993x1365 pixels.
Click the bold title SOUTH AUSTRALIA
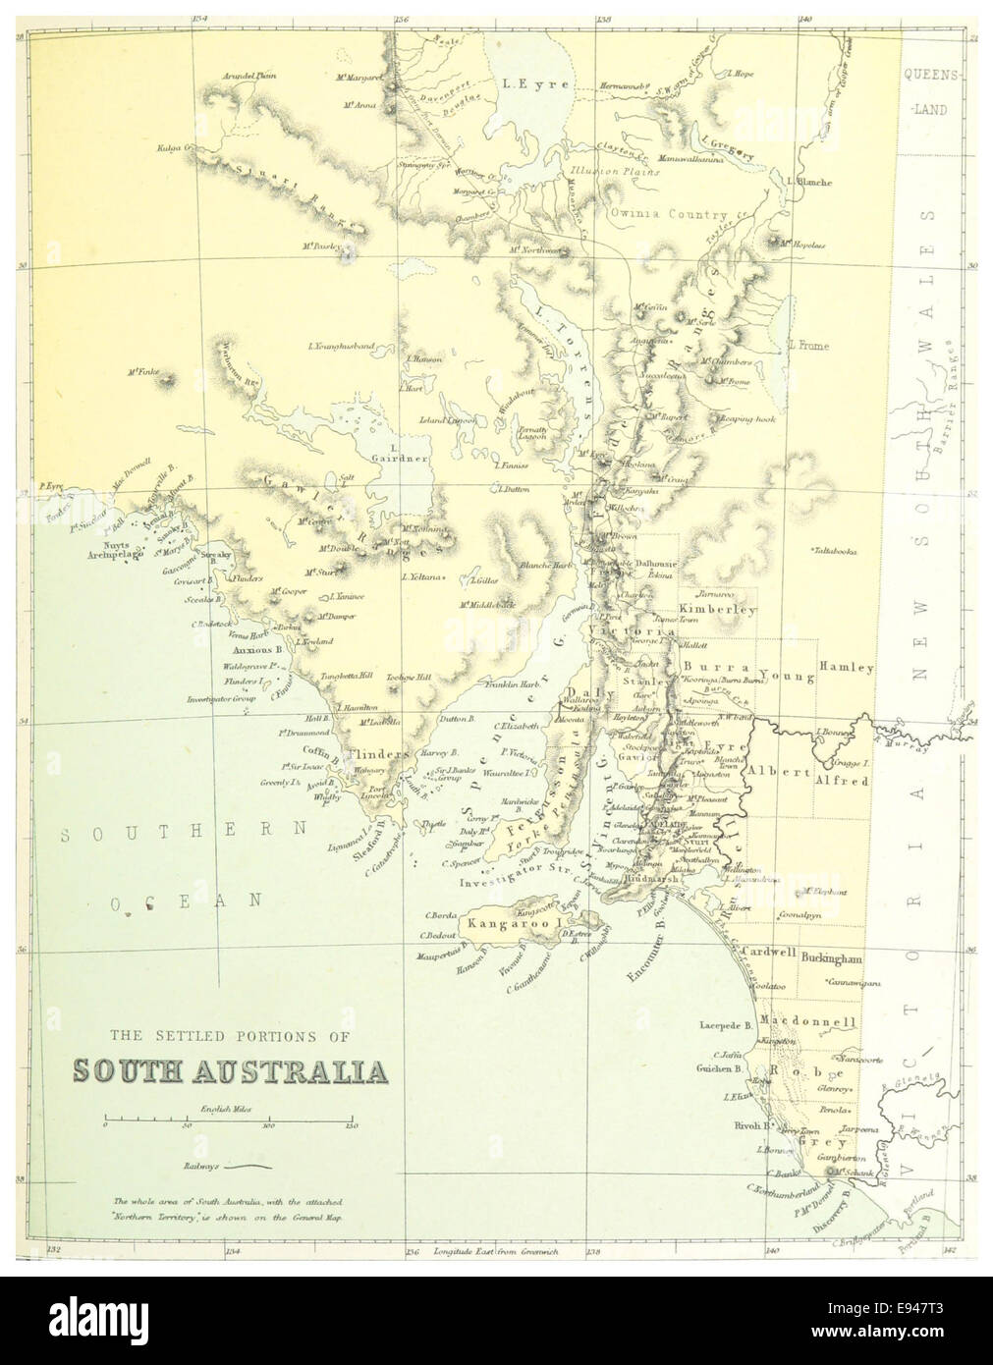pos(228,1069)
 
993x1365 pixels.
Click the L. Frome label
pos(808,346)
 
